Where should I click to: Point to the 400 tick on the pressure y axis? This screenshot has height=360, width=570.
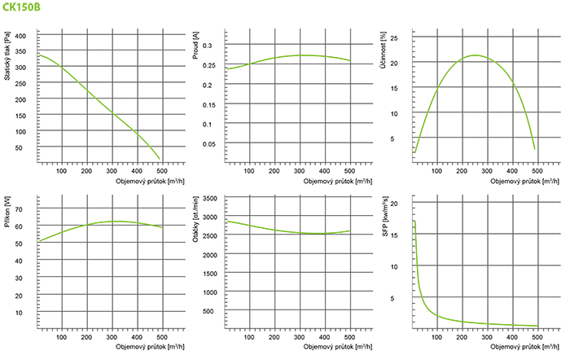point(21,37)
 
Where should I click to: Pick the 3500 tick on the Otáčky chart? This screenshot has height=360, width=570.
point(213,199)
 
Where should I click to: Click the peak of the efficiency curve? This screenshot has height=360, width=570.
point(474,55)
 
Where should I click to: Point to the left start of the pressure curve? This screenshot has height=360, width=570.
point(39,55)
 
